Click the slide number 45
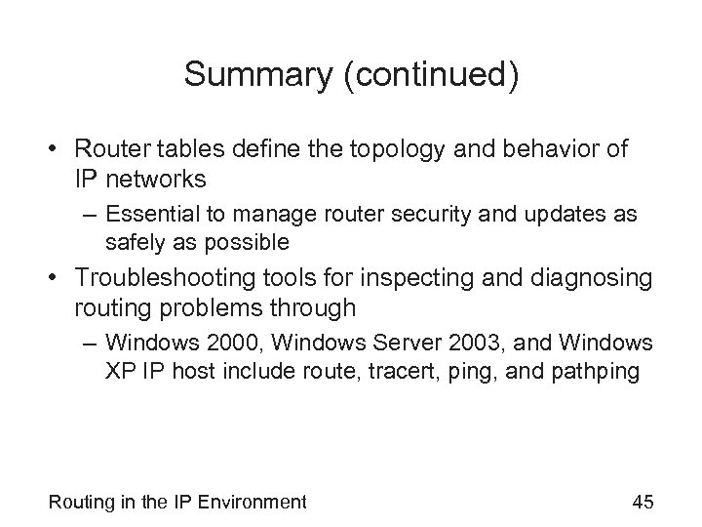[x=643, y=502]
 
